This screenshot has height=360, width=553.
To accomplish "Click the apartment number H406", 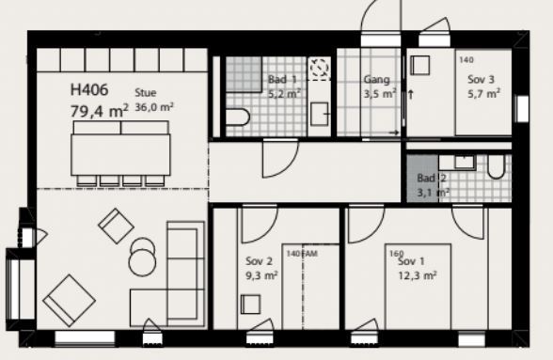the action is pyautogui.click(x=89, y=90).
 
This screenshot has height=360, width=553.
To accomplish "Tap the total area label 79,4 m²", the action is pyautogui.click(x=100, y=112).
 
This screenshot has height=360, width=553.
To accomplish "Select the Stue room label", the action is pyautogui.click(x=145, y=93).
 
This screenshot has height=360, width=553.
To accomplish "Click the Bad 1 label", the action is pyautogui.click(x=282, y=79).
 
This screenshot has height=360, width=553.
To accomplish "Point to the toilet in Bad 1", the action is pyautogui.click(x=237, y=117).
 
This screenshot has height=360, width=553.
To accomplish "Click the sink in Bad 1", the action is pyautogui.click(x=320, y=114).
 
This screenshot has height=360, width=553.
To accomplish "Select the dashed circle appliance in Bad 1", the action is pyautogui.click(x=319, y=67).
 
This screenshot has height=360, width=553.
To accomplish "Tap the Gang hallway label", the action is pyautogui.click(x=376, y=80).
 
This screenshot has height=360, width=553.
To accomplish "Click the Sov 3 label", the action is pyautogui.click(x=482, y=79).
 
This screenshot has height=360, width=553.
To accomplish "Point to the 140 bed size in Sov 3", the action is pyautogui.click(x=466, y=60).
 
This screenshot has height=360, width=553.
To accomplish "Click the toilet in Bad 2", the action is pyautogui.click(x=496, y=166).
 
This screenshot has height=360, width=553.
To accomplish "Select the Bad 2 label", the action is pyautogui.click(x=432, y=178).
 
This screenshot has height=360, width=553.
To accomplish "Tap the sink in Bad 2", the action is pyautogui.click(x=465, y=162).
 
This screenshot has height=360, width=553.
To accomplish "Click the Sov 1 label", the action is pyautogui.click(x=411, y=261).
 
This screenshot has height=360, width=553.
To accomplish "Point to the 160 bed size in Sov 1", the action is pyautogui.click(x=397, y=254).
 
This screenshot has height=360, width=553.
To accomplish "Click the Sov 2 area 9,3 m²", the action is pyautogui.click(x=261, y=275).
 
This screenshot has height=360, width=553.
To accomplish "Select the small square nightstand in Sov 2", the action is pyautogui.click(x=251, y=305).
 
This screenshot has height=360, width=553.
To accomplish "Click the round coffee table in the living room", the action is pyautogui.click(x=142, y=262).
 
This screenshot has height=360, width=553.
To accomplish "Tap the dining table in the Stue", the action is pyautogui.click(x=120, y=154).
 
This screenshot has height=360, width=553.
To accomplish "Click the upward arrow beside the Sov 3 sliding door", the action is pyautogui.click(x=410, y=95).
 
